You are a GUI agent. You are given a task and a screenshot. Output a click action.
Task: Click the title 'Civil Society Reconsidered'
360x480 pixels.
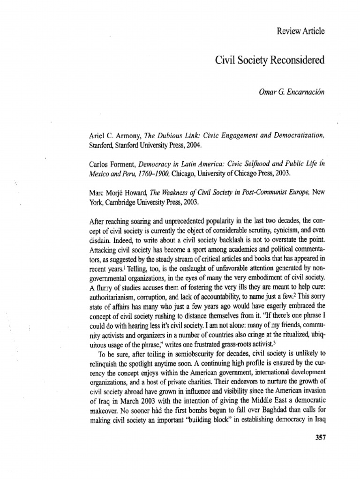click(x=270, y=60)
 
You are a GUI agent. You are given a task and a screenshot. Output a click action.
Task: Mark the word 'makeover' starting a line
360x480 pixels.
click(x=104, y=407)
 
